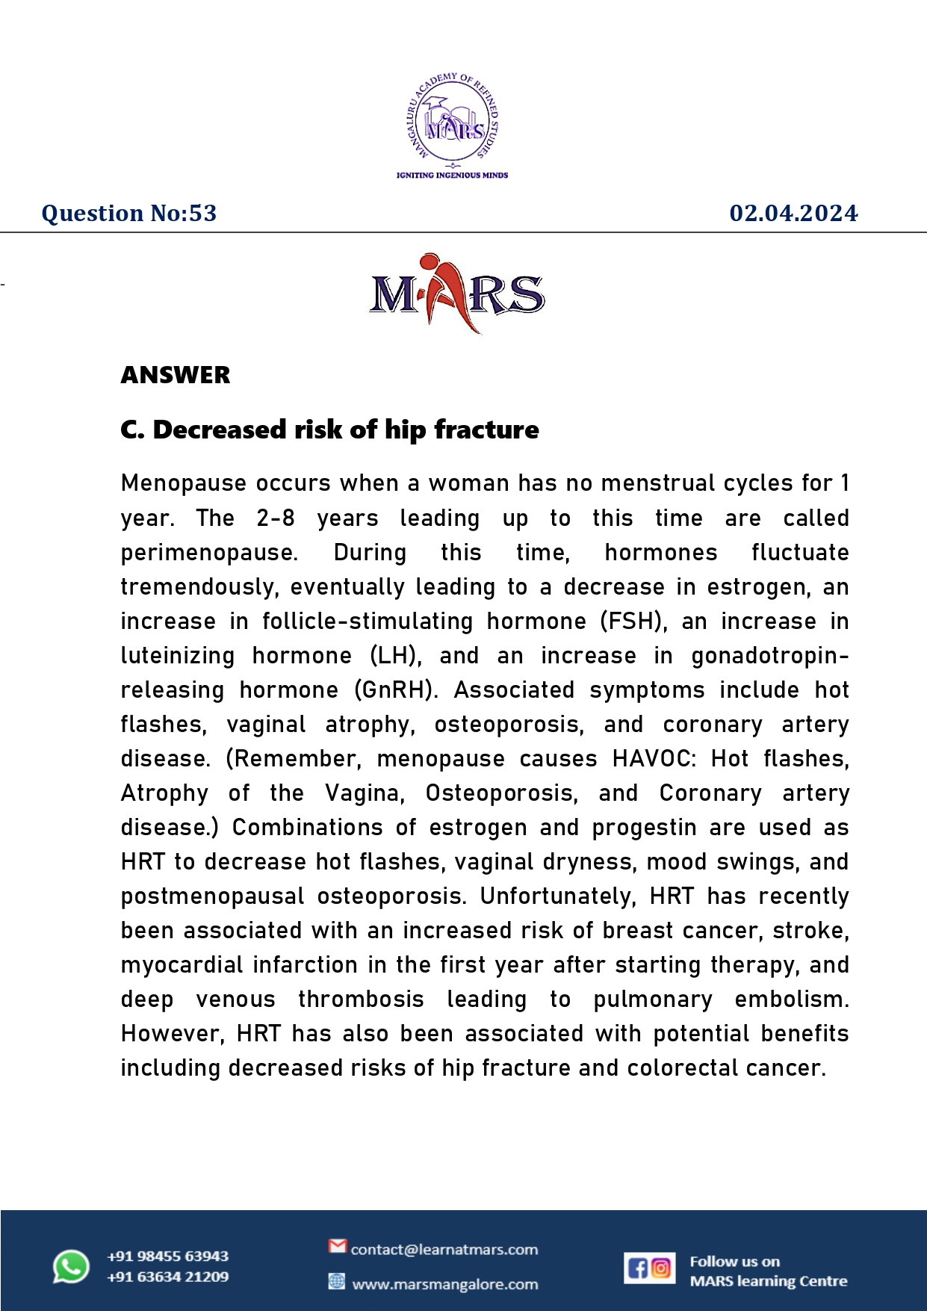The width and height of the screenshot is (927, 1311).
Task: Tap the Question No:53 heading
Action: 129,214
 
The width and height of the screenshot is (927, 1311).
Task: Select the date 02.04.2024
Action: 793,214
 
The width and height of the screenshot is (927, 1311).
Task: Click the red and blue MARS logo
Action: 457,294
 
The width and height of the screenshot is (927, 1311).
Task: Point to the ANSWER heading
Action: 176,375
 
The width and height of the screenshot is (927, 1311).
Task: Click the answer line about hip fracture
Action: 329,430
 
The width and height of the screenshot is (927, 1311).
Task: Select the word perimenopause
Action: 208,553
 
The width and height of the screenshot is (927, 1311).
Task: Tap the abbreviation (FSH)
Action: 633,622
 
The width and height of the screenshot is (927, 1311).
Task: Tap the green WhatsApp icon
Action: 71,1267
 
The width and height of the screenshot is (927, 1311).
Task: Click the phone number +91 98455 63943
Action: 168,1256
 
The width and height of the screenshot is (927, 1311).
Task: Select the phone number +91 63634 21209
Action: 168,1277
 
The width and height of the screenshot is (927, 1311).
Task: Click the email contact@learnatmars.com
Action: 444,1250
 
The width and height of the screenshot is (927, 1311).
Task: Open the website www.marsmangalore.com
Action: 445,1285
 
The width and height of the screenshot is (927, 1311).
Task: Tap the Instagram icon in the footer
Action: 661,1268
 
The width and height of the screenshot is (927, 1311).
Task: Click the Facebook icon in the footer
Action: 637,1268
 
